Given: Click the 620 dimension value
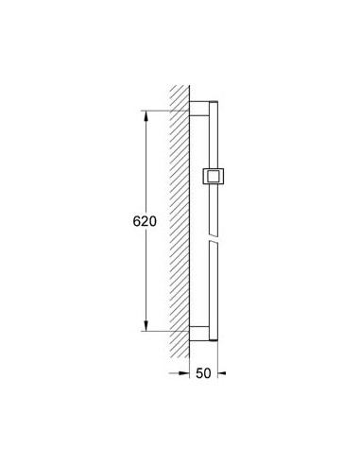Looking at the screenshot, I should [x=142, y=221].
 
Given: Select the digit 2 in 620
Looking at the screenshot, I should [x=142, y=221].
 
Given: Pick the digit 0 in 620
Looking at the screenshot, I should [x=151, y=221].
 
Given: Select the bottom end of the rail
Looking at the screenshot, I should [x=214, y=338].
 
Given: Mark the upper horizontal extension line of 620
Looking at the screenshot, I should [x=165, y=112].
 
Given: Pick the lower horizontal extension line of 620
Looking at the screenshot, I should [x=165, y=332].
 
